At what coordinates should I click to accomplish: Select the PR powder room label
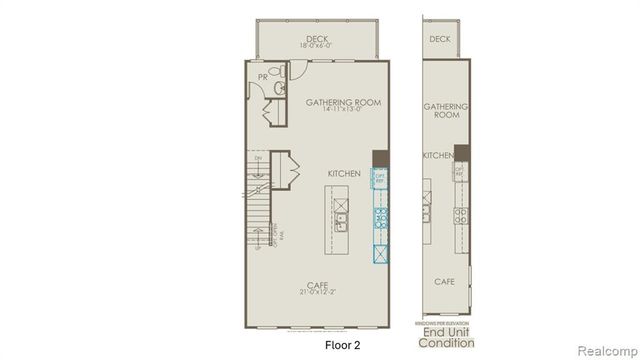(263, 76)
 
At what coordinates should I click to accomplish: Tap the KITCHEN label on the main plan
(344, 174)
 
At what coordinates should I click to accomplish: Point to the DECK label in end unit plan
(440, 39)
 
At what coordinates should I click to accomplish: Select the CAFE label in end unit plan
(445, 282)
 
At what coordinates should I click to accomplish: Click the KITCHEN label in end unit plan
(438, 156)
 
